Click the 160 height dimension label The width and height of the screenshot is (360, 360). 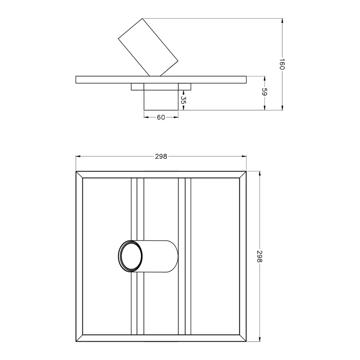point(282,64)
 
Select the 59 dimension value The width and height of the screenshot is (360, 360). point(264,92)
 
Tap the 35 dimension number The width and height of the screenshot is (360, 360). point(183,99)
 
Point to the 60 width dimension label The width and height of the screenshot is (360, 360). point(161,118)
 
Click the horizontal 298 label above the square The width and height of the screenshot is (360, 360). point(161,156)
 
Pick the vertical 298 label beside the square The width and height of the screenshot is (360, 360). point(259,257)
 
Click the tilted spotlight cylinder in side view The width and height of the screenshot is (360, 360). point(148,47)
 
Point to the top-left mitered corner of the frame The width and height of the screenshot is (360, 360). point(79,175)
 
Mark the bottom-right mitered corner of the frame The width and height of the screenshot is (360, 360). point(243,339)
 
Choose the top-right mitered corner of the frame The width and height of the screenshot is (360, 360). point(243,175)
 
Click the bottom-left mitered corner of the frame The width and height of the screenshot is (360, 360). point(79,339)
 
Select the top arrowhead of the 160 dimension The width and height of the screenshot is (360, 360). point(282,21)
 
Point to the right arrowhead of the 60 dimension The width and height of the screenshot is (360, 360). point(176,118)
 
